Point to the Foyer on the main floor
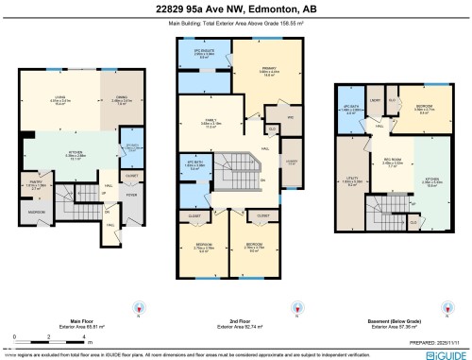point(131,197)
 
